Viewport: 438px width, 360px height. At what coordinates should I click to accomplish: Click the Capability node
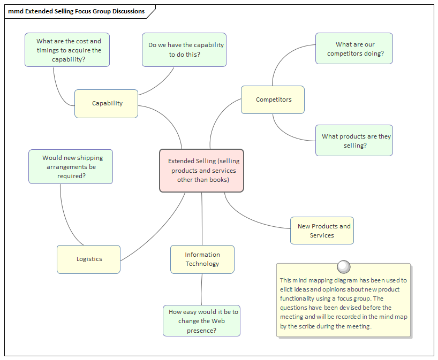pos(106,104)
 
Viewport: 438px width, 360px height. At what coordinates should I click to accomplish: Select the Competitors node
pos(273,100)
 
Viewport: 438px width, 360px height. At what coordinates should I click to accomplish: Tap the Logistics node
pos(89,259)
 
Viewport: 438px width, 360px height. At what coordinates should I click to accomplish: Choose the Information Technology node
pos(202,259)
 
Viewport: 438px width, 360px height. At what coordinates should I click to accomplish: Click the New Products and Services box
pos(322,231)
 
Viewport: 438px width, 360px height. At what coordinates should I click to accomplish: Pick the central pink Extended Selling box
pos(202,171)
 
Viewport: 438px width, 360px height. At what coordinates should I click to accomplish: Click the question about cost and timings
pos(67,50)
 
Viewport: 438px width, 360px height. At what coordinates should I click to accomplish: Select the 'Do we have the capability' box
pos(184,50)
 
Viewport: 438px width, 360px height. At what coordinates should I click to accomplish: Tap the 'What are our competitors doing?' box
pos(354,49)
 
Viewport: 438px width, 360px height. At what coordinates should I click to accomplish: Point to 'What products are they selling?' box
pos(354,141)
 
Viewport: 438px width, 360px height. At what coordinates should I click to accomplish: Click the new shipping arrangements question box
pos(71,167)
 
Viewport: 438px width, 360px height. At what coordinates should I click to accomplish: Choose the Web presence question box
pos(201,321)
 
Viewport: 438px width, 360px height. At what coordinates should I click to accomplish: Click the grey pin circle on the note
pos(344,266)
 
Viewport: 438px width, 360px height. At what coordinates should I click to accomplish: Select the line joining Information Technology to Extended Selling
pos(202,219)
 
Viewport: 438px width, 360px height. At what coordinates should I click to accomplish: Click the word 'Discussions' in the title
pos(128,11)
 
